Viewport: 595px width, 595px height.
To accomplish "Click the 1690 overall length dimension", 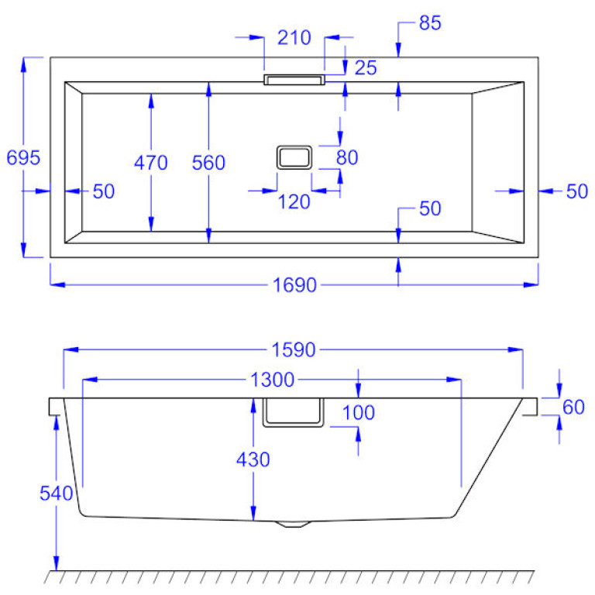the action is pos(294,285).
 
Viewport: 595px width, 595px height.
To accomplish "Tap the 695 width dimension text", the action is pos(23,157).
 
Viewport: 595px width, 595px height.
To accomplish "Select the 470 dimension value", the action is pos(150,163).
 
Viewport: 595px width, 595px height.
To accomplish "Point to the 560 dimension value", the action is pos(208,163).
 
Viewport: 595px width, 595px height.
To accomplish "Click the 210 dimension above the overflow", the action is pos(294,37).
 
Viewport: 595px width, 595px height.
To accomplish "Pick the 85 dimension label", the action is pos(430,22).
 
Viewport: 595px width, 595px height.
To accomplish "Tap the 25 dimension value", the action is pos(366,68).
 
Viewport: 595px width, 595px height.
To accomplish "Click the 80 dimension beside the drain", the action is pos(347,157).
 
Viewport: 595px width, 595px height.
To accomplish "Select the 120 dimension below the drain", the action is pos(294,202).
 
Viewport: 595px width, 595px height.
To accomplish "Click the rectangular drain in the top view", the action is pos(294,157).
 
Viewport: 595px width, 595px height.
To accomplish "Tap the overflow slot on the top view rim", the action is pos(294,80).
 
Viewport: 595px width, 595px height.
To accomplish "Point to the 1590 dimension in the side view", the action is pos(294,350).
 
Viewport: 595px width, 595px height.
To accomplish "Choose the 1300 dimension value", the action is pos(272,380).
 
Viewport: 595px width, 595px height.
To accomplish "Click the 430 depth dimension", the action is pos(253,460).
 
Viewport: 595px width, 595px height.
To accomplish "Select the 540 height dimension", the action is pos(56,494).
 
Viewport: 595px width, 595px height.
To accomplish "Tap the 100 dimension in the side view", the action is pos(358,412).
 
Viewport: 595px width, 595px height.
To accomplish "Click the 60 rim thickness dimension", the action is pos(573,408).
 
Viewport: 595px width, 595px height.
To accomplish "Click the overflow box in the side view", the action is pos(294,412).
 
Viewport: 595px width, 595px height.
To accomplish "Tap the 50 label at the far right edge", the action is pos(576,191).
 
